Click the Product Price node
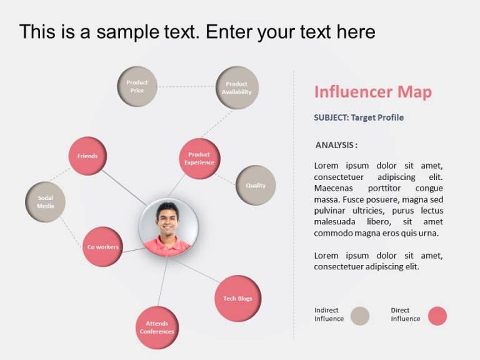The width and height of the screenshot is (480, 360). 137,86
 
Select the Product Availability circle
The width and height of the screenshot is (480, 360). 237,88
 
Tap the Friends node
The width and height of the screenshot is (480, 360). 87,156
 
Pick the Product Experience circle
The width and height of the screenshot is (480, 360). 199,159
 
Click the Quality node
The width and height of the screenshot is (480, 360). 256,186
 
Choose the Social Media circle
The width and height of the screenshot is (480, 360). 45,202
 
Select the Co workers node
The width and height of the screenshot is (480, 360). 102,247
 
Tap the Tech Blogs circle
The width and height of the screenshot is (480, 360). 237,299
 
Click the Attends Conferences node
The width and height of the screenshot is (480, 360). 157,327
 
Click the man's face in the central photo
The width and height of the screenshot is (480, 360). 167,219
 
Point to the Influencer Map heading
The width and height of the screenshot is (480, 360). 372,92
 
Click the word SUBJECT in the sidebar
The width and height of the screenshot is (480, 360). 331,117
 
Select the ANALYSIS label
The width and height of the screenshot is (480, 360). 336,145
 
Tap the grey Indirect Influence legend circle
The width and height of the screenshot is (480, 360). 359,316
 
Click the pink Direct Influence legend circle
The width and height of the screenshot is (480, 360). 437,316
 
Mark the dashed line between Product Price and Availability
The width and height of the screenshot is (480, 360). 186,87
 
